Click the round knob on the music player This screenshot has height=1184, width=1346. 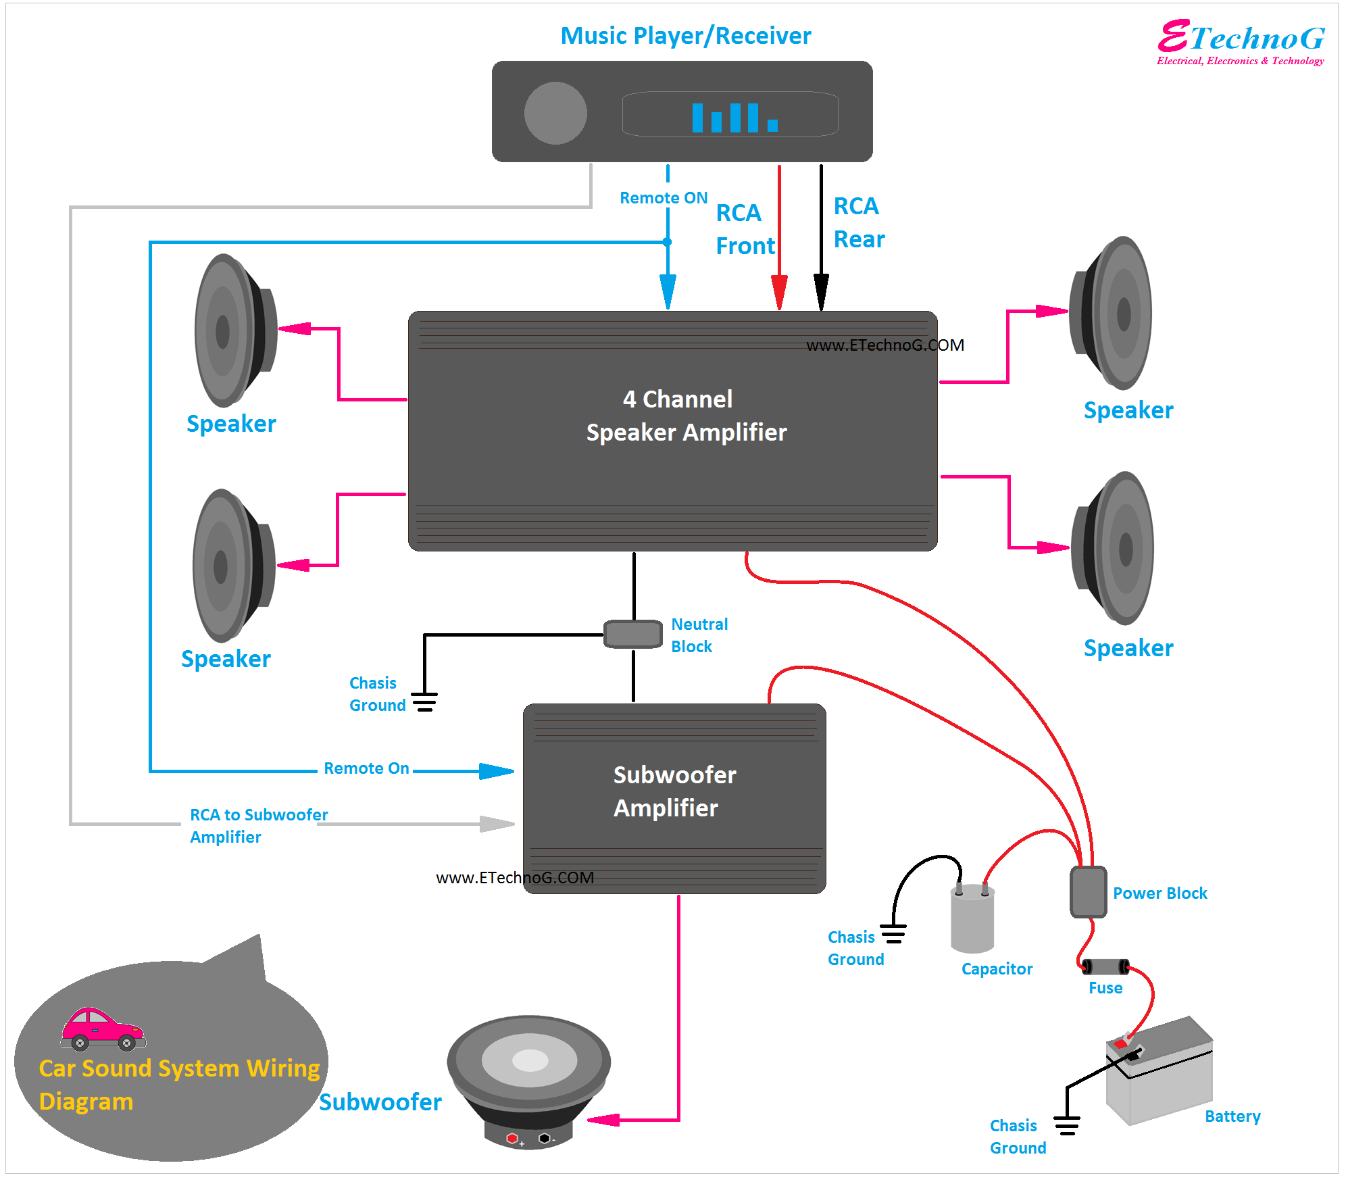(555, 113)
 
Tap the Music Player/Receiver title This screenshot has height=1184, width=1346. (685, 36)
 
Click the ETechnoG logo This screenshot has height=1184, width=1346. (1241, 42)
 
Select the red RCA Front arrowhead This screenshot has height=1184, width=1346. (779, 292)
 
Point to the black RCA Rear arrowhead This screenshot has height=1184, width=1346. (821, 292)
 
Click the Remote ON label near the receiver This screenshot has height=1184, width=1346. (663, 198)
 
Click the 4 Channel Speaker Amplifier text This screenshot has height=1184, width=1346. (686, 416)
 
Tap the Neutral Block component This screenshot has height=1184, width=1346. (633, 634)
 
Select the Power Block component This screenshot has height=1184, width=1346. (1088, 892)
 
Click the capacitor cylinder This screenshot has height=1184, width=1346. (972, 919)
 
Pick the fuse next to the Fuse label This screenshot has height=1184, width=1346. (1105, 967)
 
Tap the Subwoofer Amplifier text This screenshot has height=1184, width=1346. (674, 791)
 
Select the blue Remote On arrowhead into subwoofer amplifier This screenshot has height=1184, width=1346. (497, 770)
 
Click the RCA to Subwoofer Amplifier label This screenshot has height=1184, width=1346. (258, 825)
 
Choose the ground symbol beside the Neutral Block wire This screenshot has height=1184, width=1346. (424, 701)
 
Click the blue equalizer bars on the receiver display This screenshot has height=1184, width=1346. (734, 118)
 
